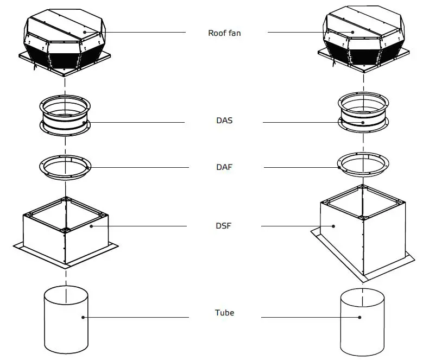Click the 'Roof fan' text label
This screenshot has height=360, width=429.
click(224, 33)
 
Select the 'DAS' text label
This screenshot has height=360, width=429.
click(224, 121)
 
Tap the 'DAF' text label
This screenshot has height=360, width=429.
click(224, 167)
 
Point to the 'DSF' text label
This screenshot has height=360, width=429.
click(224, 225)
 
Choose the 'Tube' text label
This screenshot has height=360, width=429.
click(224, 313)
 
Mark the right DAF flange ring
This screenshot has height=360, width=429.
click(363, 163)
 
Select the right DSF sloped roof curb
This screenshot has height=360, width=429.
click(363, 233)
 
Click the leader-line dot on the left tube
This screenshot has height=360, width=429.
click(83, 317)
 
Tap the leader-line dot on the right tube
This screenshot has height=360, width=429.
click(359, 317)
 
